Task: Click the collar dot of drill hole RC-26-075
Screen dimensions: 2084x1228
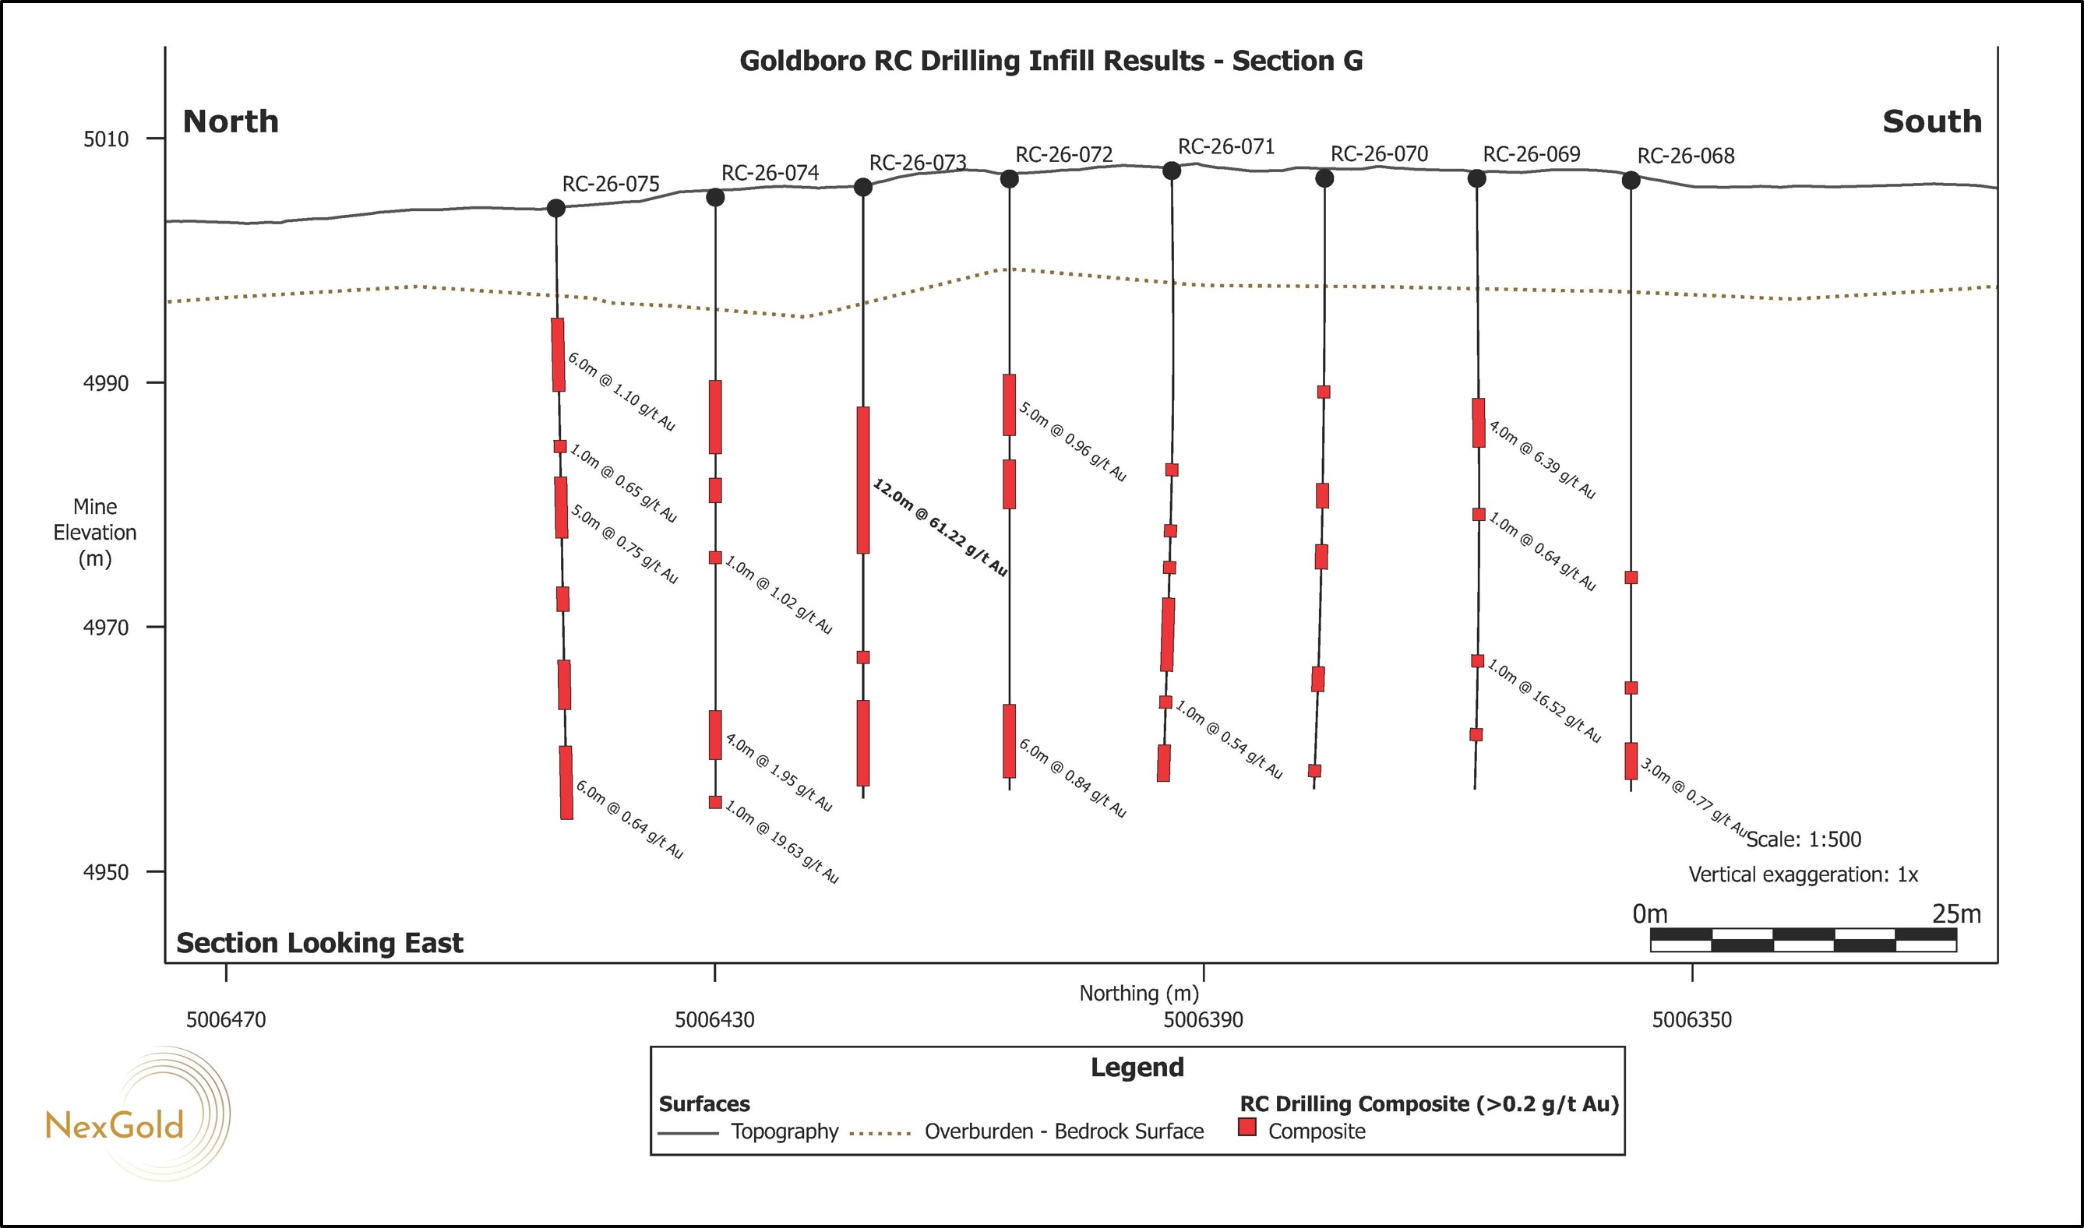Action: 556,208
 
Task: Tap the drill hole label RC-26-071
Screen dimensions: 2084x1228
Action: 1225,146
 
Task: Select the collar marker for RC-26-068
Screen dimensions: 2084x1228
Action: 1631,181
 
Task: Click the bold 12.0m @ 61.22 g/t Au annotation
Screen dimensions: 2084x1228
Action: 940,527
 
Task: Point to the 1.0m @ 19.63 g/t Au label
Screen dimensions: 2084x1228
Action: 782,842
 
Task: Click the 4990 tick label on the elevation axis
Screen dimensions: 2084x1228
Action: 106,383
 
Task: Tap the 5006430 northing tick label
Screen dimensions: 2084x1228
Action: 714,1019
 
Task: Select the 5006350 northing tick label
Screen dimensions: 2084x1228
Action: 1691,1019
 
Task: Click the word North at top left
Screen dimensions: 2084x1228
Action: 230,121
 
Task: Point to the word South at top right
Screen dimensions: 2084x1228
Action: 1932,121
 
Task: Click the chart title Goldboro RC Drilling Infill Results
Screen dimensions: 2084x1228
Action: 971,62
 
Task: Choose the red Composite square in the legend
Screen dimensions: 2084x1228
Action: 1247,1127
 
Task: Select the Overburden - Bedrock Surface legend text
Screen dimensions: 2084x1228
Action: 1064,1131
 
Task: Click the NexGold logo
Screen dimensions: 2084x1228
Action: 136,1114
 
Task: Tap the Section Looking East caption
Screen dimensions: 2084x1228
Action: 319,943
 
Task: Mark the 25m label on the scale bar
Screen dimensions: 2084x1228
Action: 1956,914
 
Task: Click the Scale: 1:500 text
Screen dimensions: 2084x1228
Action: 1804,839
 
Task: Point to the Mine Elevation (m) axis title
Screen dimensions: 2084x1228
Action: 95,532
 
